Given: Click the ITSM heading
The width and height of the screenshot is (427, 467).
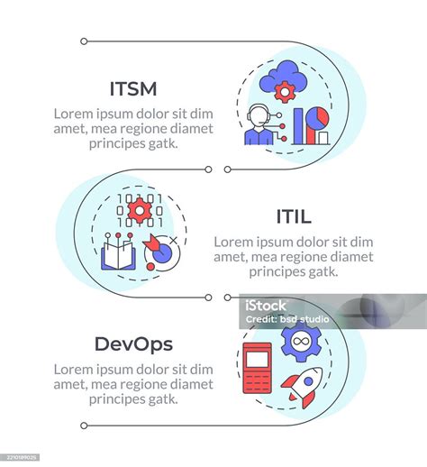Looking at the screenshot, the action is point(133,88).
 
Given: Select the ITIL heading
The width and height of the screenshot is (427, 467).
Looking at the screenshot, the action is point(294,216).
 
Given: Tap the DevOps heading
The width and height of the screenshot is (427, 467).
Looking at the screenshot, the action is point(133,344).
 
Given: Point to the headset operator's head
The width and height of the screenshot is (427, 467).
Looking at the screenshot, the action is point(258,115).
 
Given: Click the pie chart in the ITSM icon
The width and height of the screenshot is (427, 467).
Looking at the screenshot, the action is point(318,118).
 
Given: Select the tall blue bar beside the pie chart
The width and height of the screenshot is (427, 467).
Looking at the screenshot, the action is point(298,126).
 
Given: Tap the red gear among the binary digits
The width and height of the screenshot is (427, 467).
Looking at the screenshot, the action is point(140,211).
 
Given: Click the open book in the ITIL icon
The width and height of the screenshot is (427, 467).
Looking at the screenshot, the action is point(118,255).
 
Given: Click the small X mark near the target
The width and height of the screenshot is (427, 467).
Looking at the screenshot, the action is point(173,240).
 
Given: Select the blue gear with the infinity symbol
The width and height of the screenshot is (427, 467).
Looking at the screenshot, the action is point(301,341).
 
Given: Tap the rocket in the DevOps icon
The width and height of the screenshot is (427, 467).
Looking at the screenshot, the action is point(303,387).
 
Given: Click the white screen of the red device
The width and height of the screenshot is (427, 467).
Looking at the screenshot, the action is point(257,360).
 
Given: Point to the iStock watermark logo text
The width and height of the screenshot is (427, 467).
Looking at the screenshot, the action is point(266,306).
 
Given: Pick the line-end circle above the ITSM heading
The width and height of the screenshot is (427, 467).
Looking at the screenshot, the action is point(84,41).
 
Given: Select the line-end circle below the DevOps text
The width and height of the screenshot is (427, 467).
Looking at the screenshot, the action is point(84,426).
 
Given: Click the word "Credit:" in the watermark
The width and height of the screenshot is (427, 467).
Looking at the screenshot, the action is point(261,319).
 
